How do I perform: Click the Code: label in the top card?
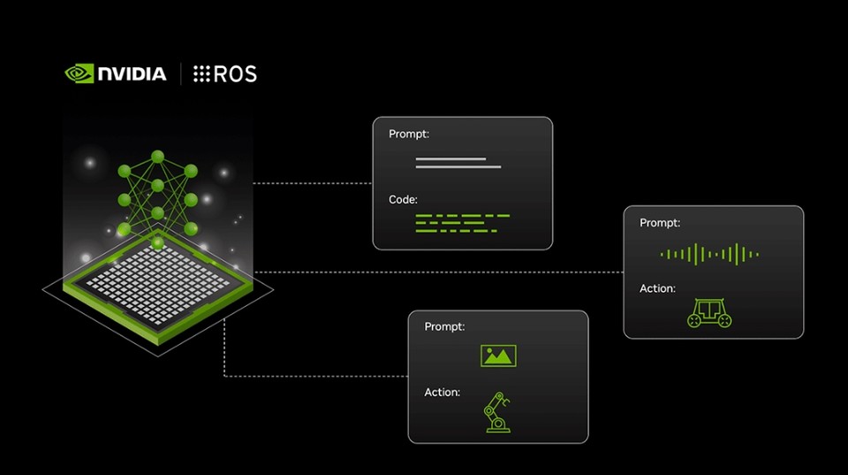pos(403,200)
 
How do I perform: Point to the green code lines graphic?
pos(462,223)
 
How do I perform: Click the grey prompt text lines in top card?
pos(458,163)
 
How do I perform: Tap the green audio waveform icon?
pos(709,255)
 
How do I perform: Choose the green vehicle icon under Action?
pos(709,312)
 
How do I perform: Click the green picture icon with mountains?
pos(498,356)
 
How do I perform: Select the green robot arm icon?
pos(496,412)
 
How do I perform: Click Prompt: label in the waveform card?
pos(660,223)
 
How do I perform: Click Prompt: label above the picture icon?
pos(444,327)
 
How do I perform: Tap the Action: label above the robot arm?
pos(442,392)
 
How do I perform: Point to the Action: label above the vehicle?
pos(657,288)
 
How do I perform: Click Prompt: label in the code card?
pos(408,134)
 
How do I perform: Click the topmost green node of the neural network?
pos(157,157)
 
